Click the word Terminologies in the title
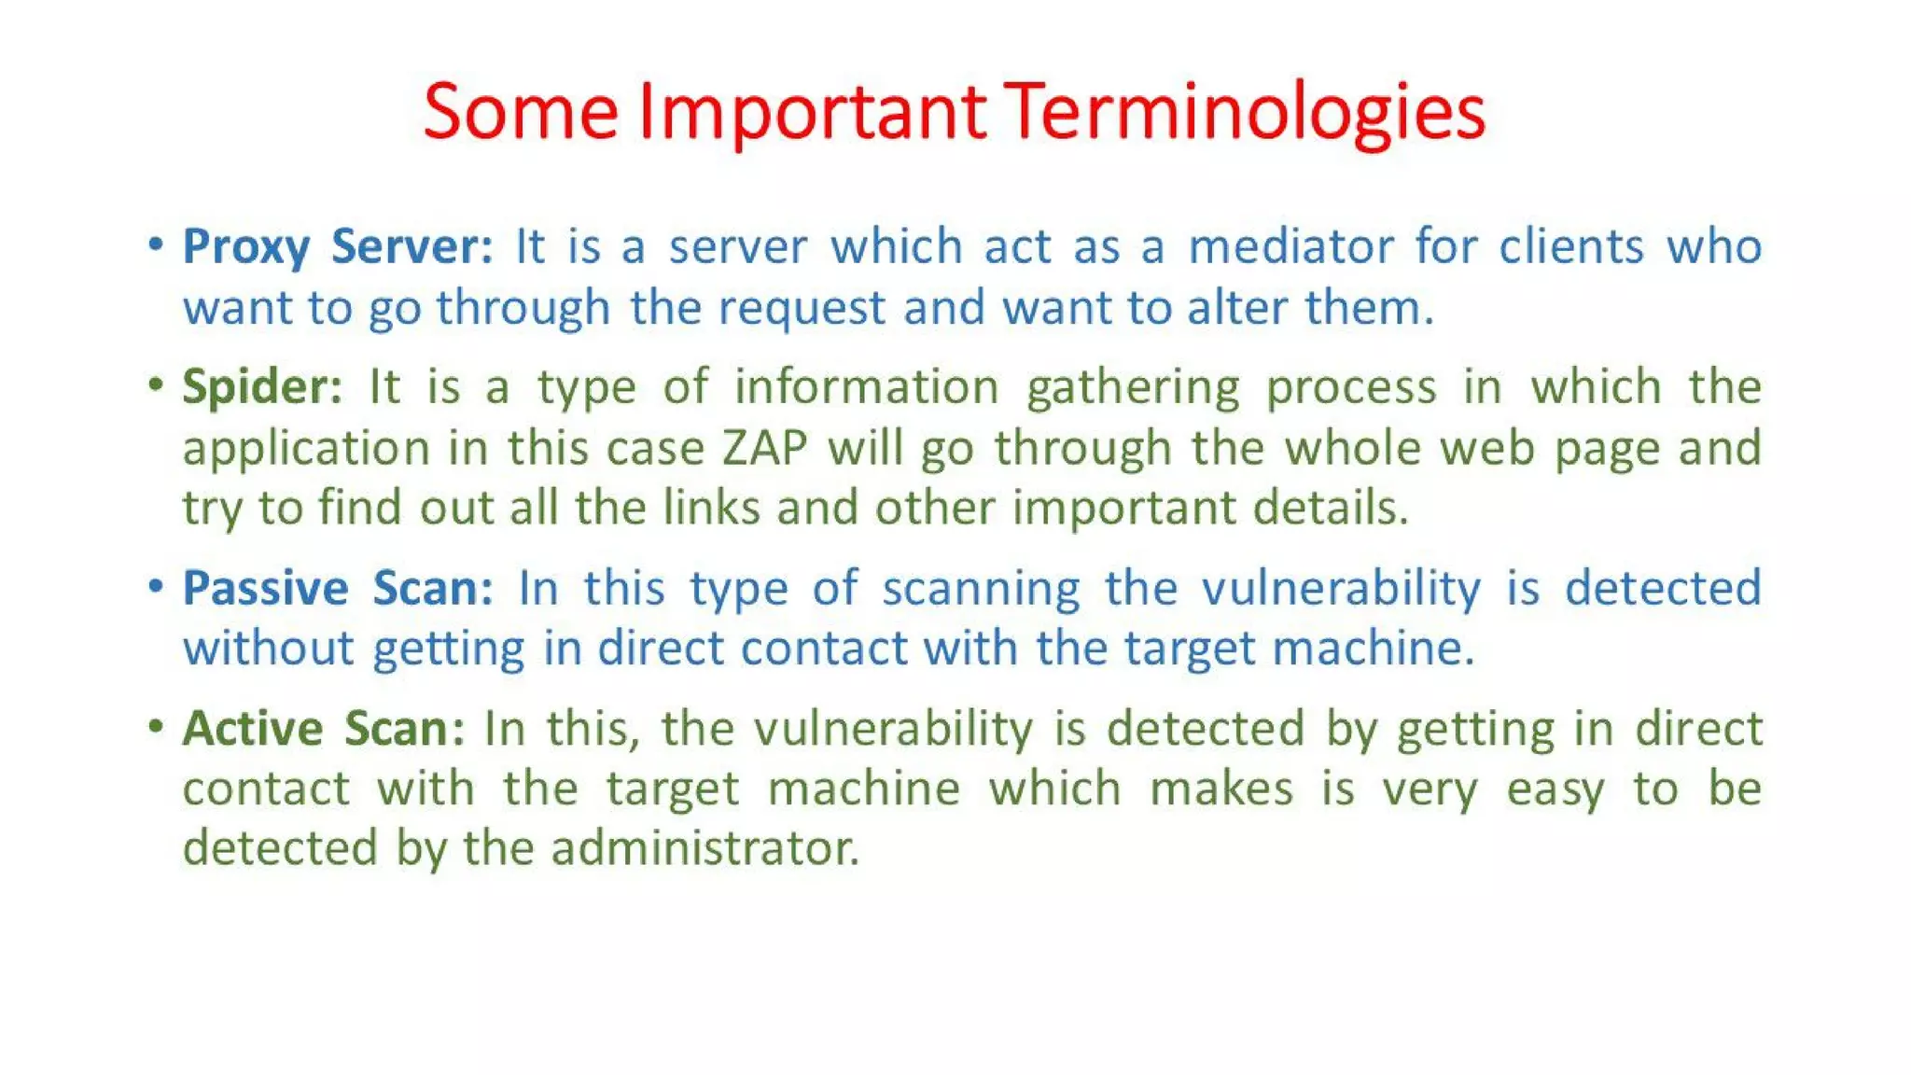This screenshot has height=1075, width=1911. [x=1247, y=112]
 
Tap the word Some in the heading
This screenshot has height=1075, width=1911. [x=521, y=112]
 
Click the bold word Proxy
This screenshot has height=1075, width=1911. [x=246, y=247]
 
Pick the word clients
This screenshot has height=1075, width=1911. [x=1571, y=246]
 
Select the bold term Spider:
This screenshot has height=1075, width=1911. [x=262, y=387]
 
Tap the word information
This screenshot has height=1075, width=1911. [x=866, y=386]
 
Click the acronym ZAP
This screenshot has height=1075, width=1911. [x=764, y=448]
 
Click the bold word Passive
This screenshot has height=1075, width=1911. [x=265, y=588]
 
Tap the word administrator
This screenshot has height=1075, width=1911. [x=704, y=848]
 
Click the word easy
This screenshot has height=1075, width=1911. [x=1555, y=789]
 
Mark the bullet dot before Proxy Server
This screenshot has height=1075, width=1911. [x=156, y=244]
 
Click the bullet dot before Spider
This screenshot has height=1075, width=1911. [x=156, y=384]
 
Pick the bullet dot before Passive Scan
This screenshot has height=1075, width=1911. [x=156, y=586]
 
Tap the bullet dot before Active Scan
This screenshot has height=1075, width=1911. [x=156, y=726]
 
